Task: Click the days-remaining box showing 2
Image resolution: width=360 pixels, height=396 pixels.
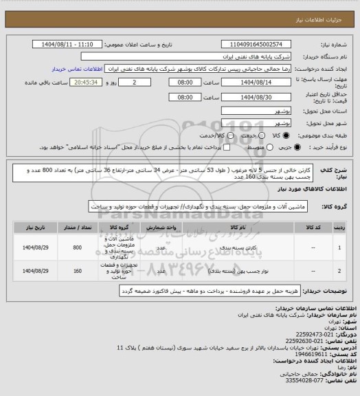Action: [139, 82]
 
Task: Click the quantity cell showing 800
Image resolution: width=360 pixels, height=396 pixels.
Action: [77, 247]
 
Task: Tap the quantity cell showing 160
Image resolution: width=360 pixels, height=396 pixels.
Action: [77, 272]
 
